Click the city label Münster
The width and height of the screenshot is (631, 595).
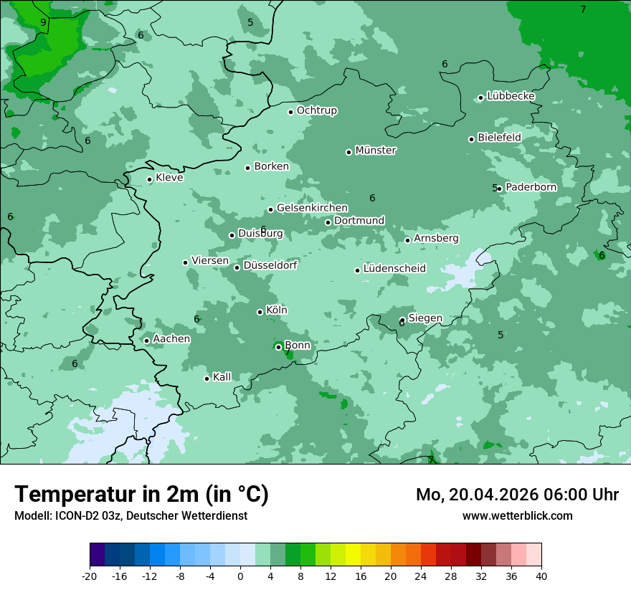point(376,151)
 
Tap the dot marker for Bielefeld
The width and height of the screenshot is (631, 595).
point(471,139)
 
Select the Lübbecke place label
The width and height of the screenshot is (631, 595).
point(511,96)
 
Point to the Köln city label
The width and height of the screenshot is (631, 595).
point(277,310)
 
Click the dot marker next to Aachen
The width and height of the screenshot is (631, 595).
point(146,341)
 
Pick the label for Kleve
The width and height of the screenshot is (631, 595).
point(169,178)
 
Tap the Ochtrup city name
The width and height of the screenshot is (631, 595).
point(317,110)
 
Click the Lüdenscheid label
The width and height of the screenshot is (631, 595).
point(394,269)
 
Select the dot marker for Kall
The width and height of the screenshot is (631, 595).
point(207,379)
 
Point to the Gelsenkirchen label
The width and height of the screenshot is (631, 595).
point(312,208)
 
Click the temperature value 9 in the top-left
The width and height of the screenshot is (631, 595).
point(43,23)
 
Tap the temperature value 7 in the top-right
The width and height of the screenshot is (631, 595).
point(583,10)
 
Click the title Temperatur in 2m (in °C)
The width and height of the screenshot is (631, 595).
point(141,495)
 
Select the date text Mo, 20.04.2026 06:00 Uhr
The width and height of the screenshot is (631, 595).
point(517,495)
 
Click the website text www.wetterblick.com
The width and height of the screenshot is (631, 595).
point(517,515)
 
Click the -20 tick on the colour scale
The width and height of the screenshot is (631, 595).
point(90,576)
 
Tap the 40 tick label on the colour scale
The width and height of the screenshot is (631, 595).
point(541,576)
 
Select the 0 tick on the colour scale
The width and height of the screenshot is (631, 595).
point(240,576)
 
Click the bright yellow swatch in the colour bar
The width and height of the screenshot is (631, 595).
point(353,555)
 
